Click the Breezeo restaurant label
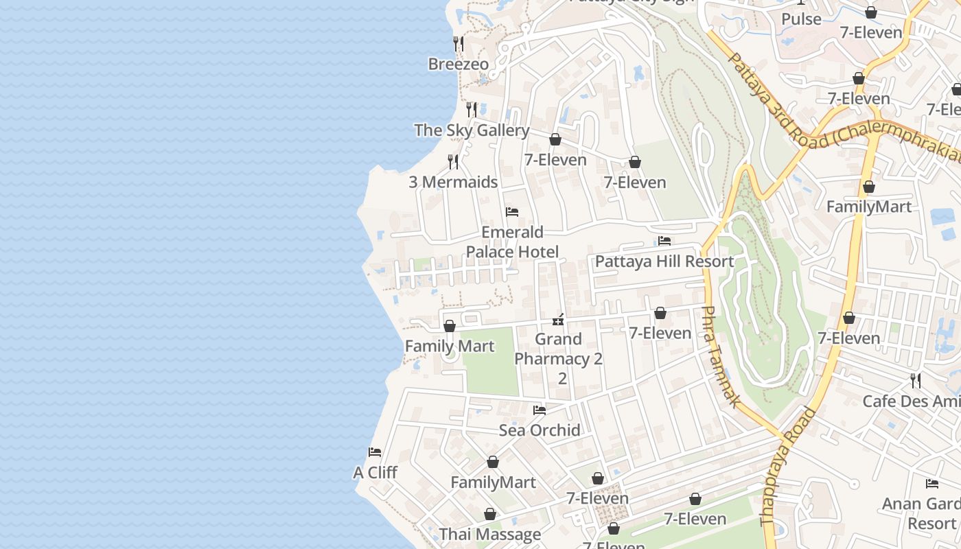[x=458, y=65]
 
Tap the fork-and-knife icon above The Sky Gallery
[x=472, y=109]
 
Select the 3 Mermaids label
[x=453, y=182]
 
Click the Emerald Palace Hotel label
[x=512, y=242]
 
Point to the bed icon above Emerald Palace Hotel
[x=512, y=212]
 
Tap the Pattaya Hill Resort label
[x=664, y=261]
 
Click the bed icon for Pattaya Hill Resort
[x=664, y=241]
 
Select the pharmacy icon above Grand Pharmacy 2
[x=559, y=319]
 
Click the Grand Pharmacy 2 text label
[x=558, y=349]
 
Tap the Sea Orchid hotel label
[x=540, y=430]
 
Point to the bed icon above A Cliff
[x=375, y=452]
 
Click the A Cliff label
[x=375, y=473]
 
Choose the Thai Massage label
[x=490, y=535]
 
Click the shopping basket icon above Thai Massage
[x=490, y=514]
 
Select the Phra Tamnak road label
[x=720, y=357]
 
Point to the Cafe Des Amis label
[x=910, y=401]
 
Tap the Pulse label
[x=801, y=19]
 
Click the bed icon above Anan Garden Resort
[x=931, y=484]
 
